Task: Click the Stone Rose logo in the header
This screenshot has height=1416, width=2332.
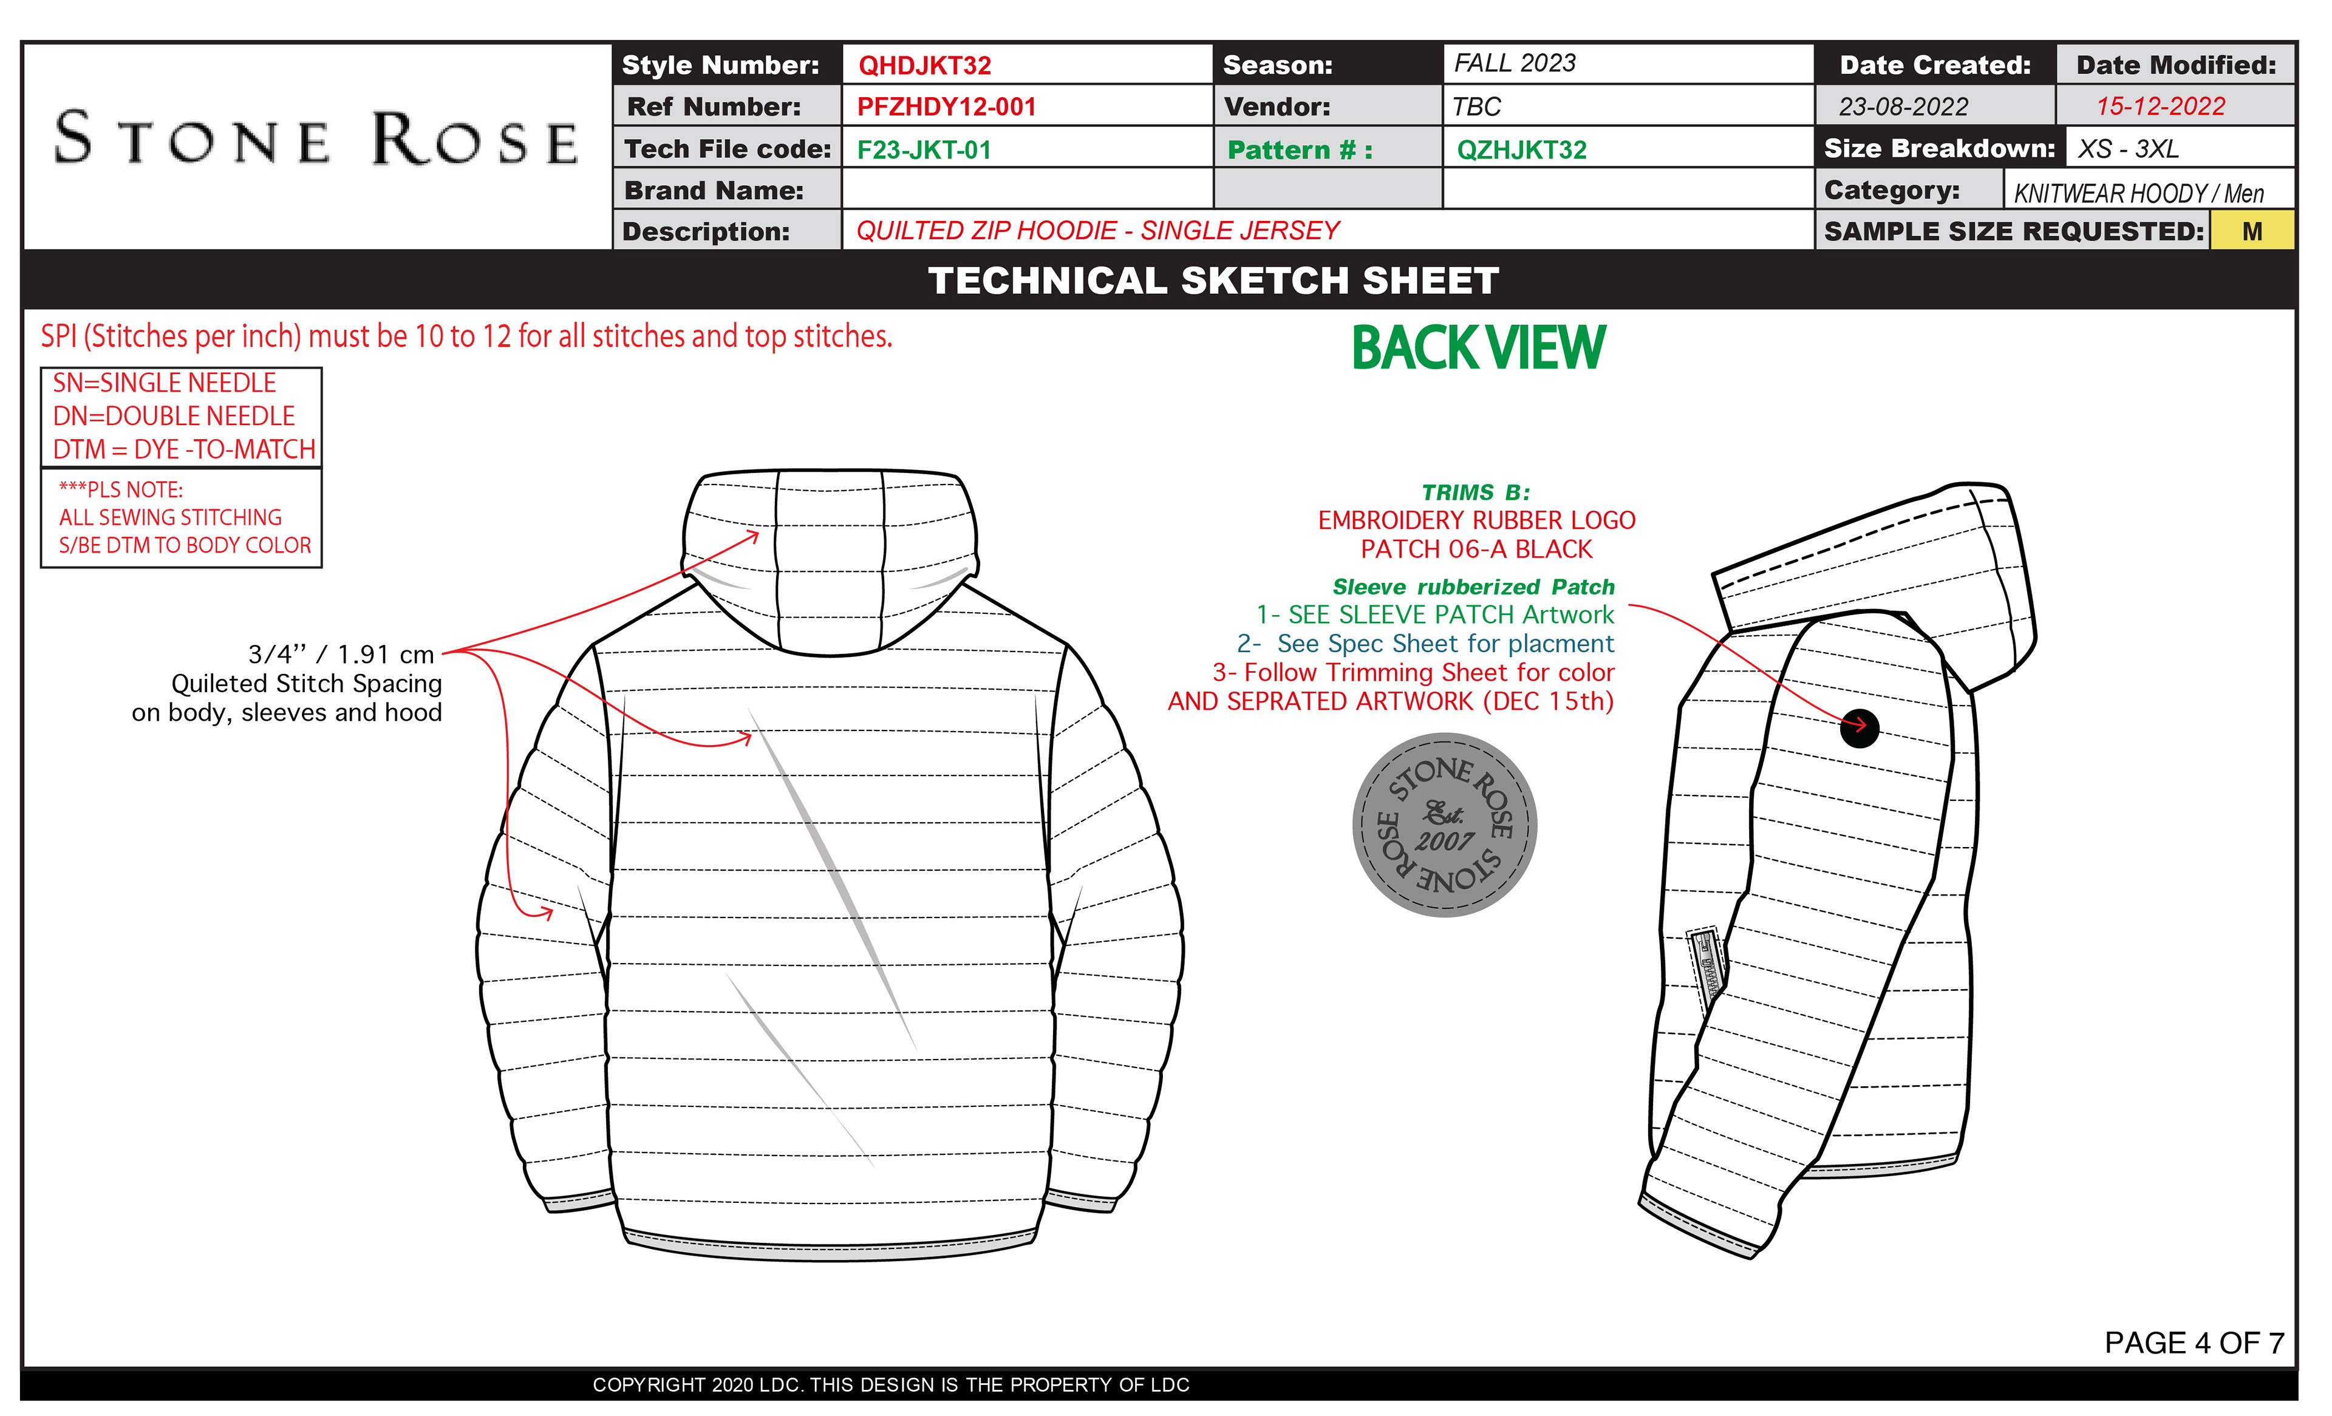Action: (x=316, y=140)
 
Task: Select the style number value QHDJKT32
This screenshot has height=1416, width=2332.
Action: (x=925, y=66)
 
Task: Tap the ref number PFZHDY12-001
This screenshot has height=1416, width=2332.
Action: (x=946, y=107)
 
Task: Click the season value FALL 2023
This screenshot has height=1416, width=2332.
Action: (x=1515, y=63)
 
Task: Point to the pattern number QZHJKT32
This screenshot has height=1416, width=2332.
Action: (x=1521, y=149)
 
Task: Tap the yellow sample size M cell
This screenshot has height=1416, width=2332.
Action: (x=2252, y=231)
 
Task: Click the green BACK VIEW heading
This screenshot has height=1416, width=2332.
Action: (x=1478, y=347)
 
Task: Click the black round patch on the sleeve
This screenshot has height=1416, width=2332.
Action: (x=1859, y=728)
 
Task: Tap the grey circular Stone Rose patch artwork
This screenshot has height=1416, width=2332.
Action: (x=1444, y=825)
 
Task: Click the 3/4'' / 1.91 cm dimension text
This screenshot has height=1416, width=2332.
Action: (x=341, y=654)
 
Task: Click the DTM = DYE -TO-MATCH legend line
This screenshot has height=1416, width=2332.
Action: (x=183, y=449)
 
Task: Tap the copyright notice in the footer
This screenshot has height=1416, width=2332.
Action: (x=890, y=1385)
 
